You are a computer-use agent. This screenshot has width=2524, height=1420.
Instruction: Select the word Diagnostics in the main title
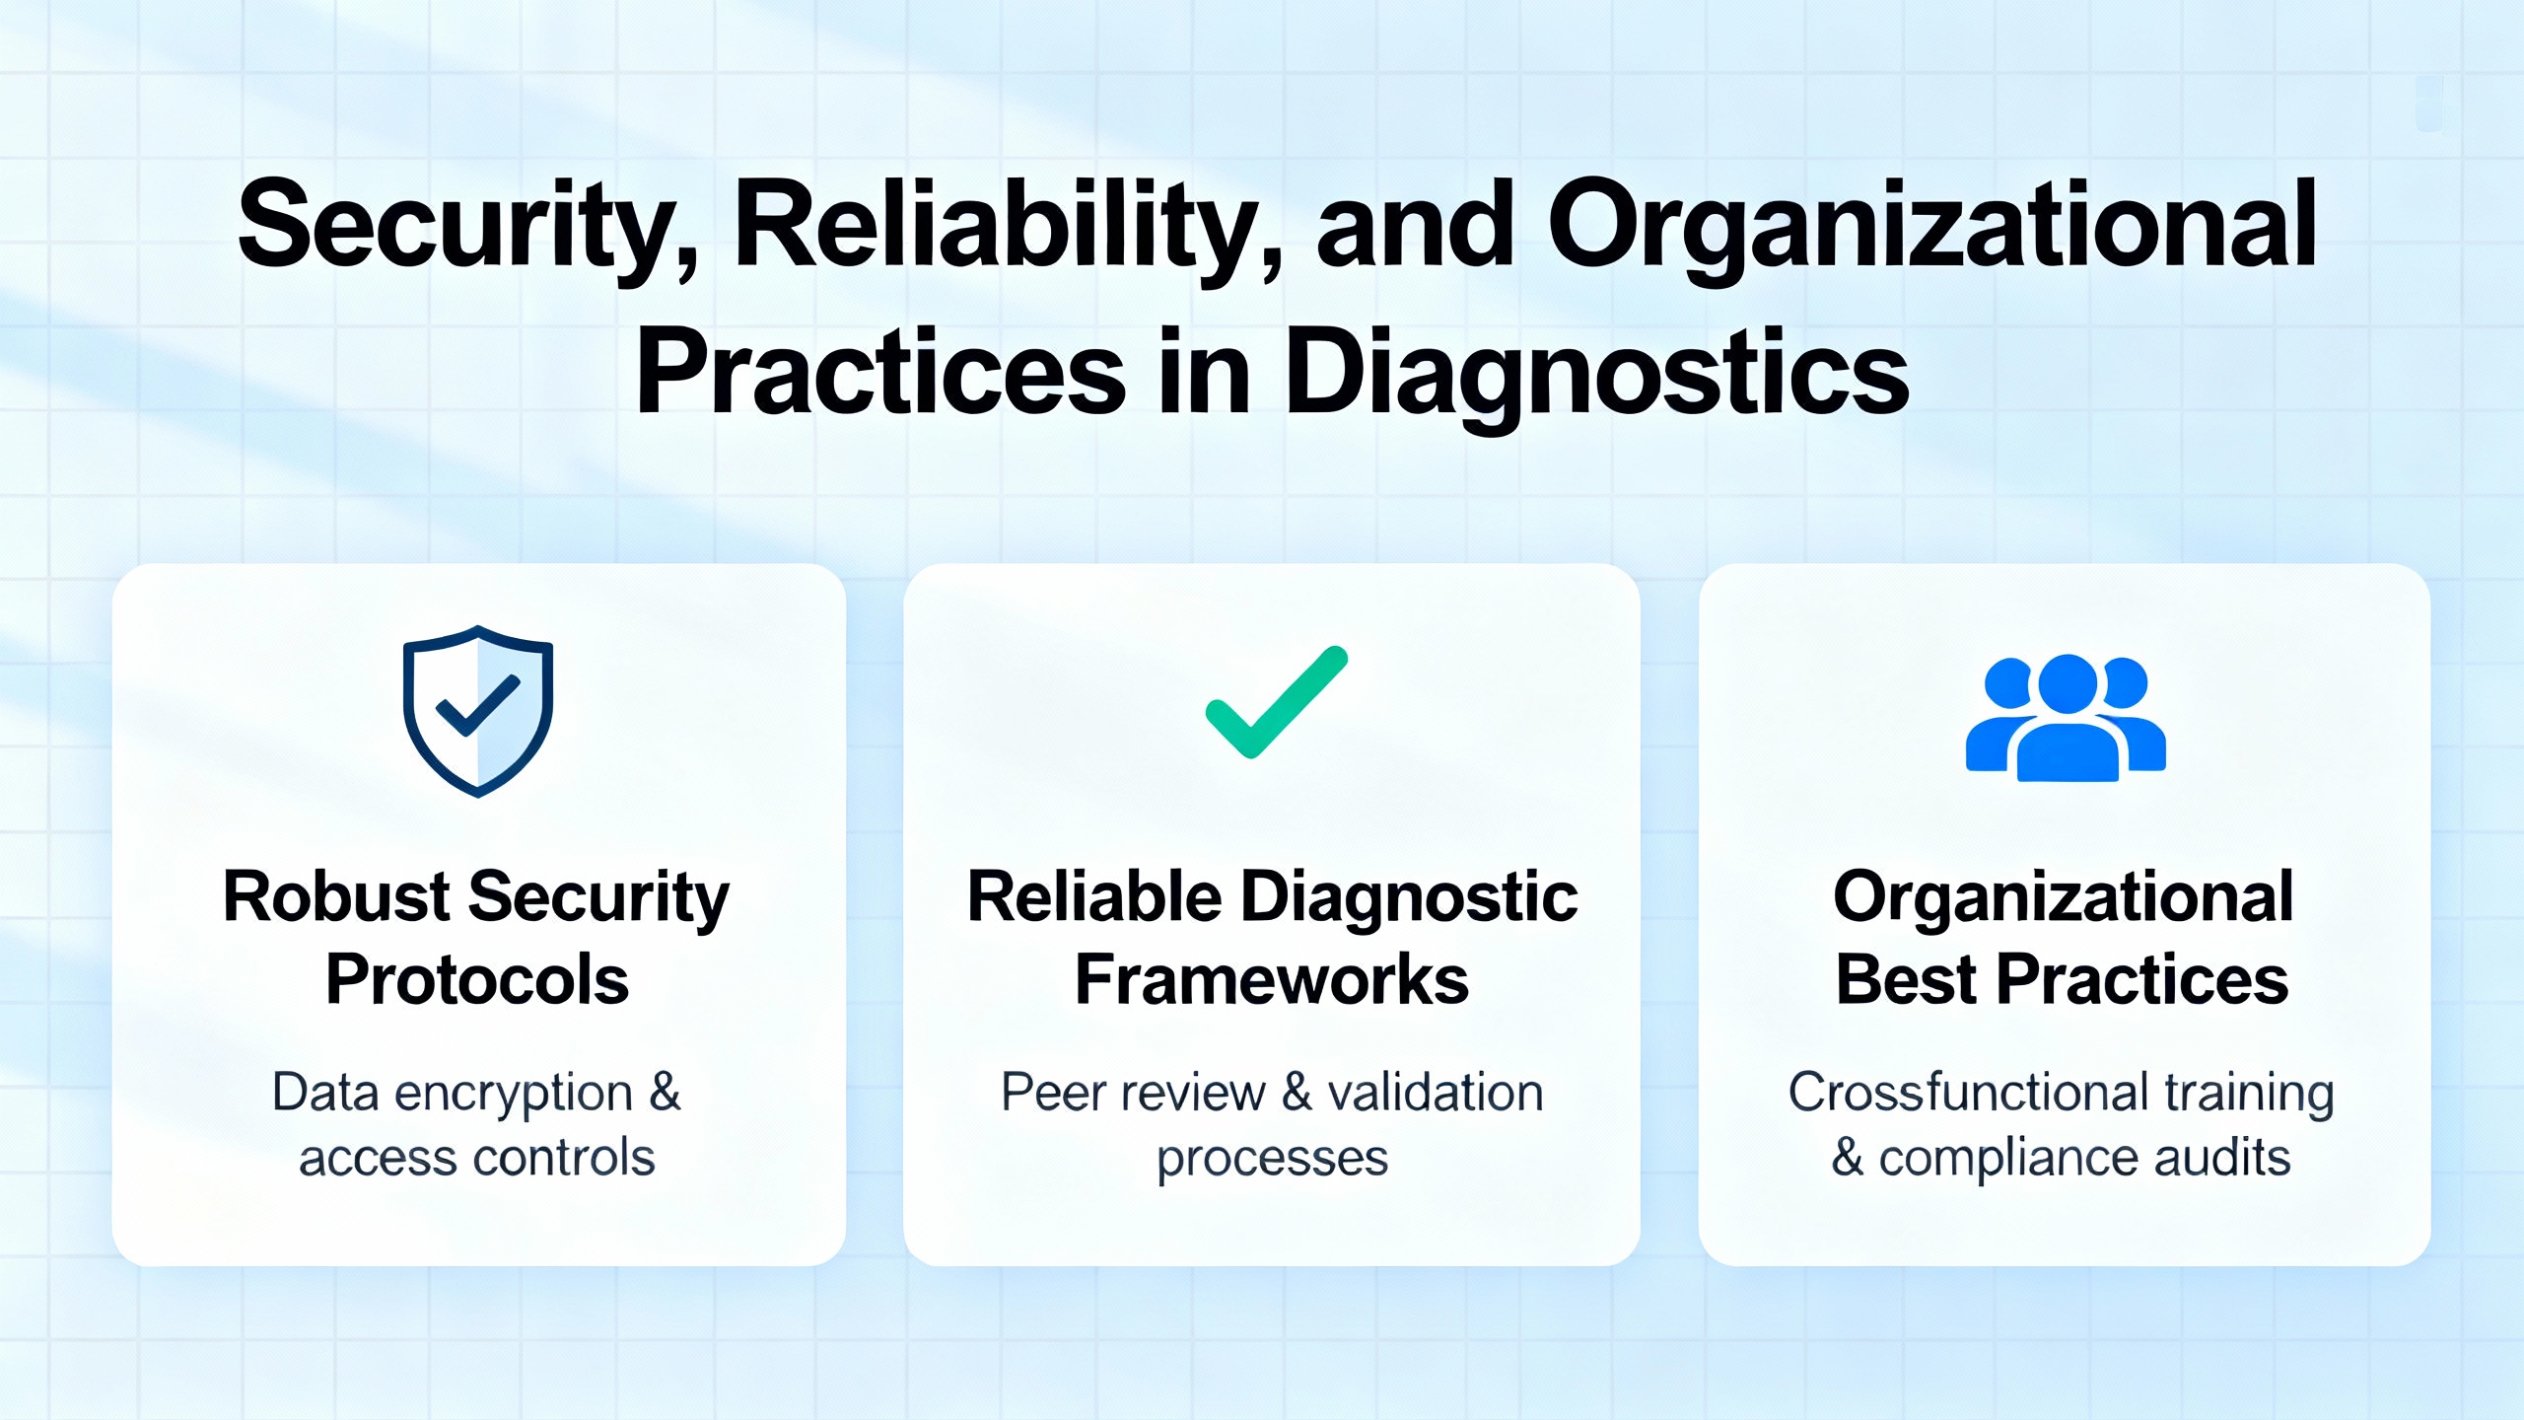click(1598, 376)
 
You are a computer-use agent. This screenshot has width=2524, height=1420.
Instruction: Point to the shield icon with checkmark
click(478, 711)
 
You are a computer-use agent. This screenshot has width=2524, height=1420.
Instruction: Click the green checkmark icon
click(1277, 702)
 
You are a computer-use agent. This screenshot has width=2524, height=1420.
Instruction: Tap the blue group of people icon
click(2066, 718)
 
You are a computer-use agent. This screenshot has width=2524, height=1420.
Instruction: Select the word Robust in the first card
click(336, 896)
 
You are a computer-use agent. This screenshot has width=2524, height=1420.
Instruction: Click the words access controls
click(477, 1157)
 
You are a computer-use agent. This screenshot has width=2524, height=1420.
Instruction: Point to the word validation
click(1436, 1093)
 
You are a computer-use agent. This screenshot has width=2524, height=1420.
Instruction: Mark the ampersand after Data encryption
click(665, 1093)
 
